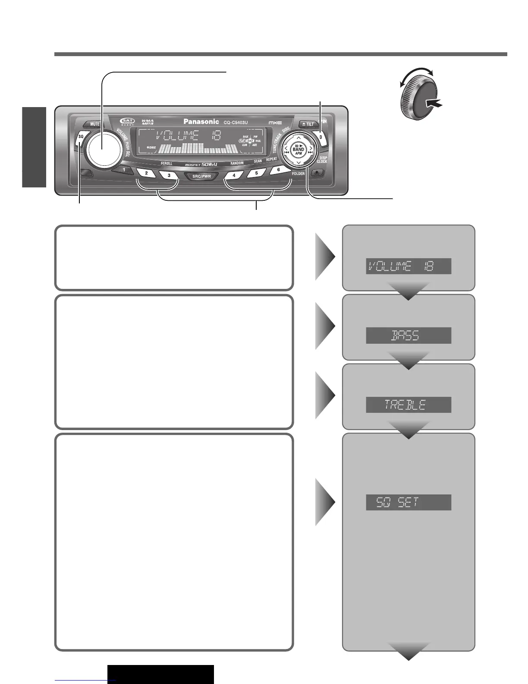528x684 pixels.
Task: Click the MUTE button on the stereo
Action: (95, 124)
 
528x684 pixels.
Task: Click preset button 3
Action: (169, 175)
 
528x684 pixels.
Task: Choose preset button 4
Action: (234, 175)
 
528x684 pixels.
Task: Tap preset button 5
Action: (257, 173)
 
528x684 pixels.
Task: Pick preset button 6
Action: (279, 170)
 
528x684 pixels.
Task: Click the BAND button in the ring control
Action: (298, 149)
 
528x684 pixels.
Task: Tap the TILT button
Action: (308, 124)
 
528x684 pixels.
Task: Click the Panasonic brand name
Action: (201, 122)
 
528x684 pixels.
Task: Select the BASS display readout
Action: (408, 336)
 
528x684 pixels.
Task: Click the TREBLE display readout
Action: (408, 405)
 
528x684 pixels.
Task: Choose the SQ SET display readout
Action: (408, 503)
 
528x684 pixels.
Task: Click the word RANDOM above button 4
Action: (237, 164)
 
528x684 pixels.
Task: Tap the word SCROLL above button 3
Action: (167, 164)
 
